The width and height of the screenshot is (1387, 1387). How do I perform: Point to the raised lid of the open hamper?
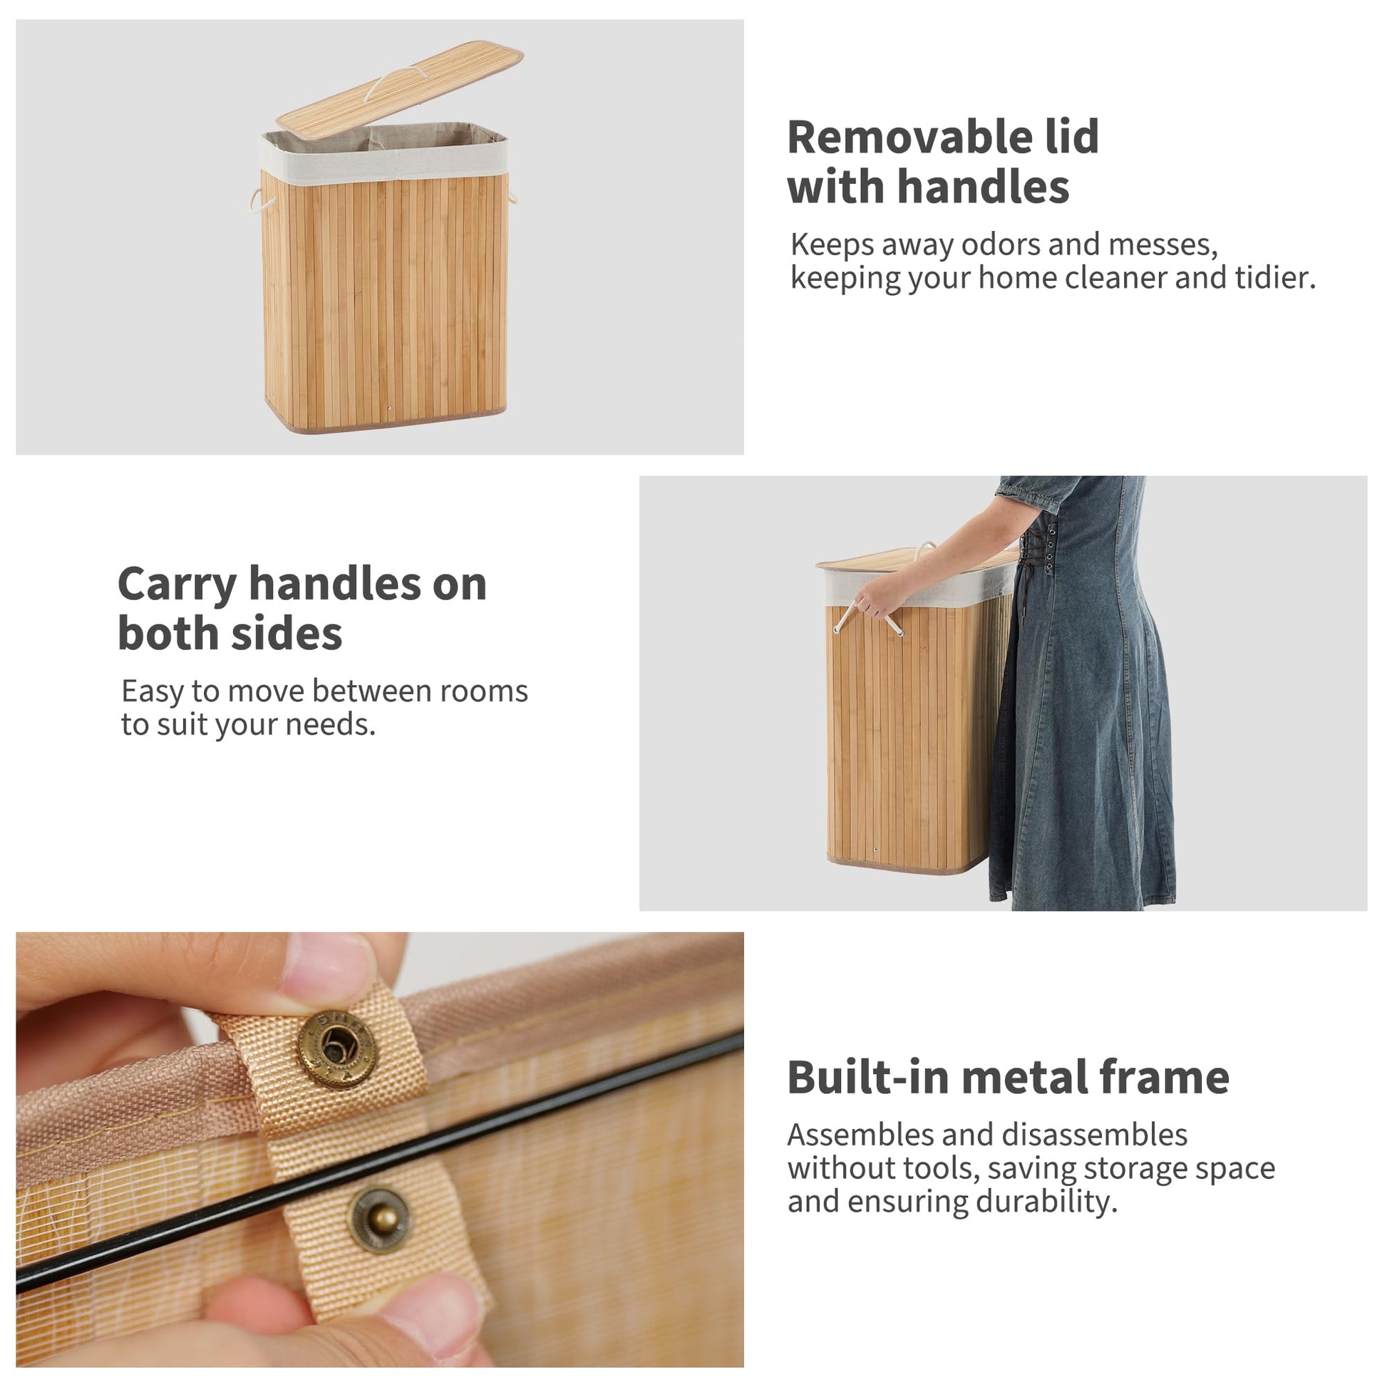point(400,89)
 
